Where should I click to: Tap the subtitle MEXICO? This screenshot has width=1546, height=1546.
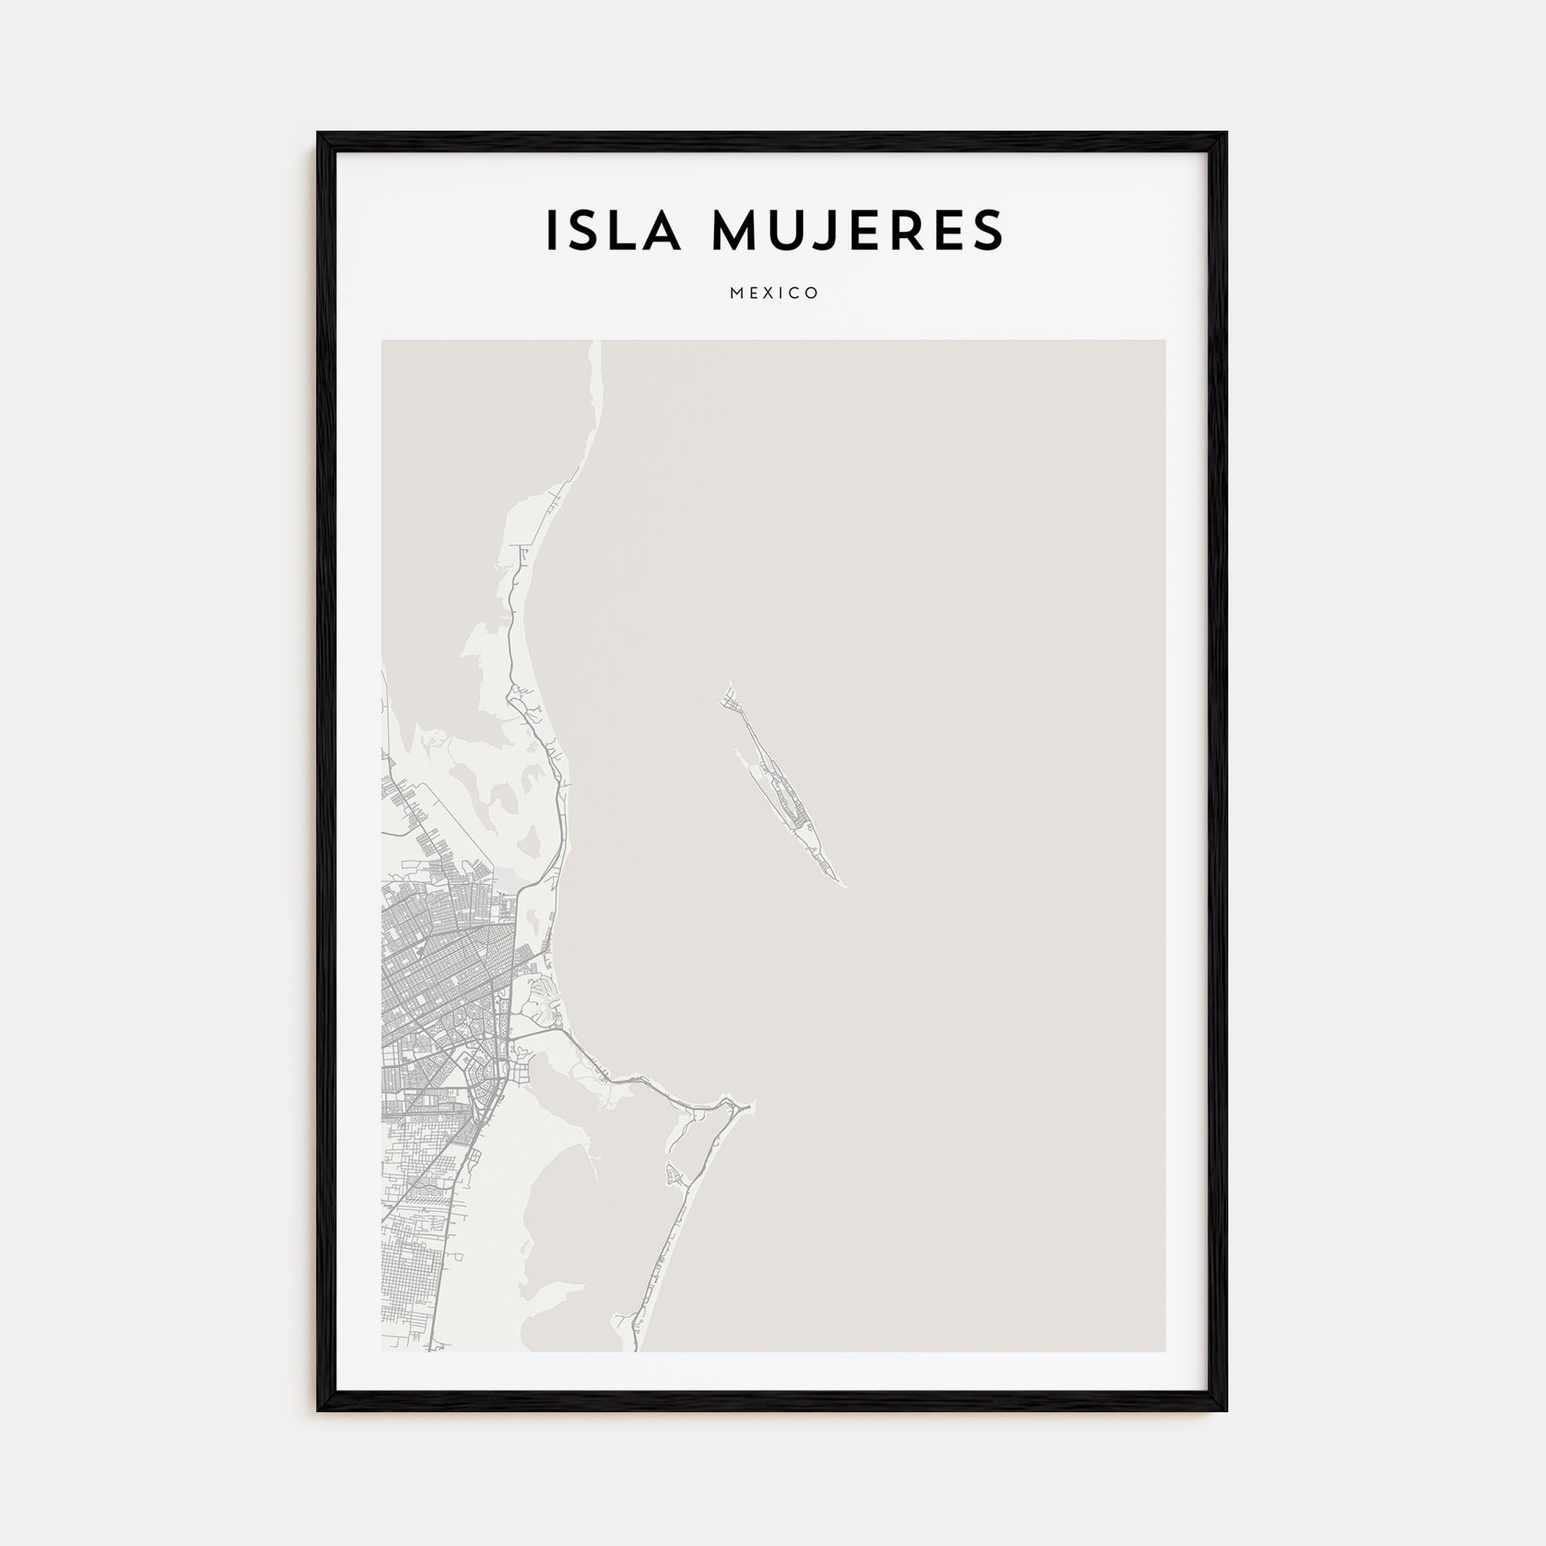(774, 293)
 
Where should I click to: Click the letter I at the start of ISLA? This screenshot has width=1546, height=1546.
(551, 230)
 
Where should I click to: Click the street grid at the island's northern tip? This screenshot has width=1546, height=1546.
(732, 703)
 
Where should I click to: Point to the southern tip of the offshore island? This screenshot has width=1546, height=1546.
(843, 886)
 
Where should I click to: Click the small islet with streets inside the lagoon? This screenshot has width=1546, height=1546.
(673, 1175)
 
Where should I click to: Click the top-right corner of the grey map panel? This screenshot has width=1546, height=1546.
(1164, 341)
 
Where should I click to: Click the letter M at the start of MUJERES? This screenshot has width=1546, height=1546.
(735, 230)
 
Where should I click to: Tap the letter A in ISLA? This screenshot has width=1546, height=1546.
(663, 230)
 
